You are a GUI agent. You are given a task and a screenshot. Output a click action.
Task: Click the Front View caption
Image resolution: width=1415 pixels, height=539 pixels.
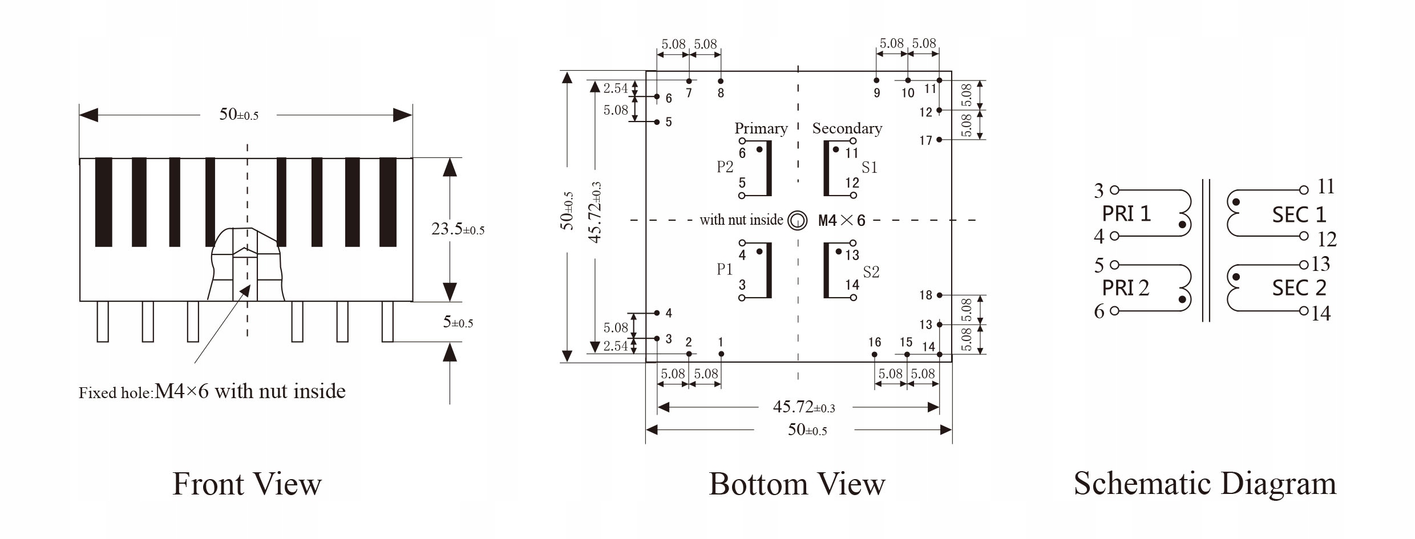(246, 484)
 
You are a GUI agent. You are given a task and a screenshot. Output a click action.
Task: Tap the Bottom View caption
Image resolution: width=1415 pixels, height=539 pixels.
(797, 484)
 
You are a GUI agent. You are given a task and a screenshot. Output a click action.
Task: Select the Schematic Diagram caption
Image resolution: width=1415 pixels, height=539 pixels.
(1205, 483)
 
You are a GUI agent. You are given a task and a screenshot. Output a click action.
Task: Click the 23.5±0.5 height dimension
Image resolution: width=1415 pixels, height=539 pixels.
(458, 229)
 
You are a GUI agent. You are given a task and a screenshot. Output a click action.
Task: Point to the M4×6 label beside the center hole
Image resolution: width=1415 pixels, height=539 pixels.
(842, 221)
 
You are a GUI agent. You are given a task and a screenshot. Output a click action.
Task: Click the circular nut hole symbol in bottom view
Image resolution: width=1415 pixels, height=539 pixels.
(797, 220)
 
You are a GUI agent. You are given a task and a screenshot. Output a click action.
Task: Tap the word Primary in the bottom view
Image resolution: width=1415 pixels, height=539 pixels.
(761, 128)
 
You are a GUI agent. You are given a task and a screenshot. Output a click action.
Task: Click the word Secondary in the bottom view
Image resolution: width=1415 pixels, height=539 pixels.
(847, 128)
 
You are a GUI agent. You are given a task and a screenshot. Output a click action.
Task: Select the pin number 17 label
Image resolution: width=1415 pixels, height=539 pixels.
(925, 140)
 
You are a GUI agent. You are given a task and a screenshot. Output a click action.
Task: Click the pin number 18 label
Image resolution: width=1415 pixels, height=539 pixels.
(925, 295)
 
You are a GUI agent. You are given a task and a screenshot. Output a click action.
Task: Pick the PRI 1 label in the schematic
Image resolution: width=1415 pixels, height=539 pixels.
(1126, 214)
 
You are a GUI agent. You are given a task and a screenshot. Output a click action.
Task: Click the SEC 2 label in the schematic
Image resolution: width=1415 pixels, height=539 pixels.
(1299, 288)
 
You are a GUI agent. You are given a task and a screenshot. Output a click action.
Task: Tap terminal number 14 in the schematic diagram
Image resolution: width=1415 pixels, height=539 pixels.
(1321, 313)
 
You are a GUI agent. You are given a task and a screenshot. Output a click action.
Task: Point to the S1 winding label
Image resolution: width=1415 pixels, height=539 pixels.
(869, 168)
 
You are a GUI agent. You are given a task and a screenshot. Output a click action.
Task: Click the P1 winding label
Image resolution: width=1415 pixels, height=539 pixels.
(725, 269)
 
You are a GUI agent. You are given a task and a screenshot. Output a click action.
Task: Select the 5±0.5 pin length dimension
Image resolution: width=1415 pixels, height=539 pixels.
(458, 322)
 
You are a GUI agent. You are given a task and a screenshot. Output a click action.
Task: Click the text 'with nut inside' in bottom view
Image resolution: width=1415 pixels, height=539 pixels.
(741, 220)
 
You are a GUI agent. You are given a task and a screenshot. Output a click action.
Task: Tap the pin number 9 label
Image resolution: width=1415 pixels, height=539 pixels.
(877, 93)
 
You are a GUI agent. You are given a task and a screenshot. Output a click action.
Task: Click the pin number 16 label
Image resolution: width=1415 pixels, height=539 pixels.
(875, 342)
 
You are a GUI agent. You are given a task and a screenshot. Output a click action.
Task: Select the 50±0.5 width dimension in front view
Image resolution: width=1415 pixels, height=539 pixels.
(238, 115)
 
